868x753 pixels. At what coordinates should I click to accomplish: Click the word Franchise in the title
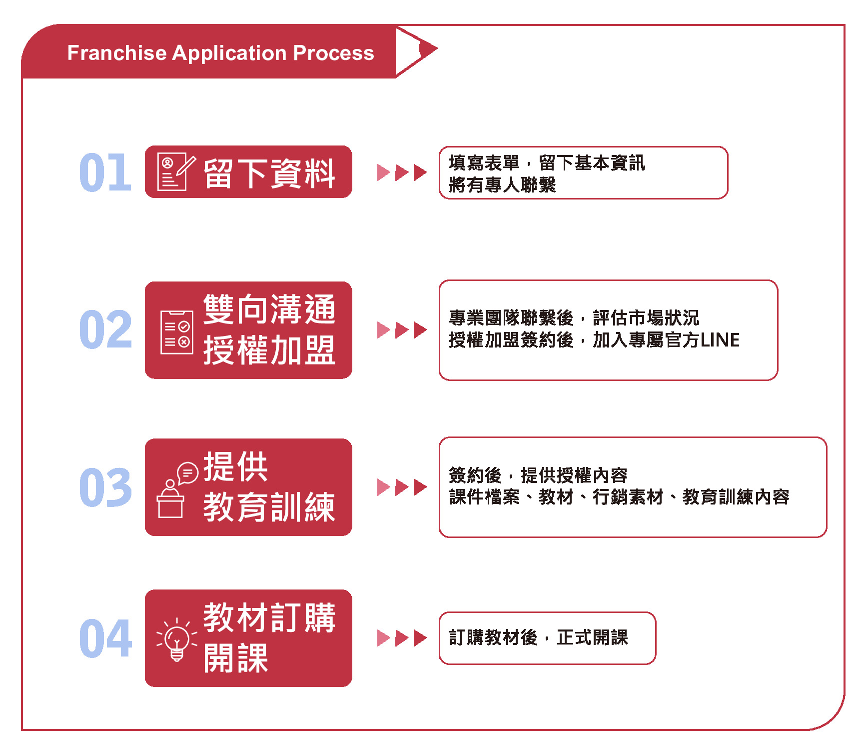[x=117, y=53]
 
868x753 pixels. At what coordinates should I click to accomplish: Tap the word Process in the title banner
[x=333, y=53]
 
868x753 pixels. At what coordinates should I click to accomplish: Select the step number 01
[x=105, y=172]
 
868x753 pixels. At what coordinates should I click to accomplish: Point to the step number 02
[x=105, y=329]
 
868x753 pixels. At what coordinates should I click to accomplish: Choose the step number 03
[x=105, y=487]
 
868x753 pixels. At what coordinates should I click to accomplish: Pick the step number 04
[x=105, y=638]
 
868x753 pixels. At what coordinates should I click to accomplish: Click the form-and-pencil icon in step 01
[x=175, y=172]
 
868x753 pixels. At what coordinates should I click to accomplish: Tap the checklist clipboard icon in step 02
[x=176, y=332]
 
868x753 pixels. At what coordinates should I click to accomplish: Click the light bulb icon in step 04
[x=176, y=639]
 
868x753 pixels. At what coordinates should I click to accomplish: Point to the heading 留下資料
[x=269, y=173]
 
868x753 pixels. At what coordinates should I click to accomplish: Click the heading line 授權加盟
[x=269, y=350]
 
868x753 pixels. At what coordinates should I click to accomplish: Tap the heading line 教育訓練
[x=269, y=507]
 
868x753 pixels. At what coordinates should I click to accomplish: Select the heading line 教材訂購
[x=269, y=617]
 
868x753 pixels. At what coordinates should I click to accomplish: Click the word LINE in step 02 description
[x=720, y=340]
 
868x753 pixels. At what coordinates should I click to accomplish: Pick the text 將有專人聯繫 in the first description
[x=502, y=185]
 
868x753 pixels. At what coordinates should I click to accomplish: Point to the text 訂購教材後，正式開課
[x=538, y=637]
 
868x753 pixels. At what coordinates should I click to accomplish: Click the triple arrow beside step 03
[x=402, y=487]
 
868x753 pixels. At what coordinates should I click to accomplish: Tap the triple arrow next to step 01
[x=402, y=172]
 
